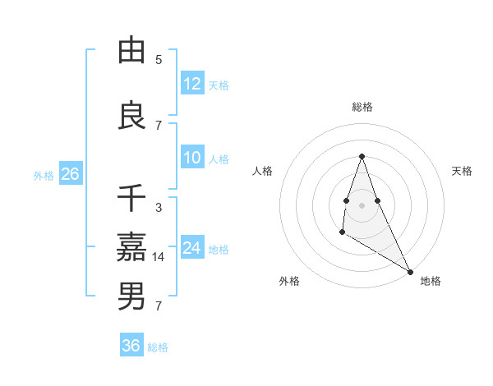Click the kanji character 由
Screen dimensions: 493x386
[131, 51]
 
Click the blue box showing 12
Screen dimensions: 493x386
[192, 84]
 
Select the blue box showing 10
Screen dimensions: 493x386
[192, 159]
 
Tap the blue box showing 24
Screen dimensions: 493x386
[192, 248]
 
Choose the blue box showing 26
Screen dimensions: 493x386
[70, 174]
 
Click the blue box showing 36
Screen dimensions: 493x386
[131, 346]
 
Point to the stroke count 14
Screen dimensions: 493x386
[159, 257]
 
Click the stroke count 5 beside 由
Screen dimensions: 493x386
[159, 60]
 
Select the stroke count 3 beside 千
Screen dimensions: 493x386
[159, 208]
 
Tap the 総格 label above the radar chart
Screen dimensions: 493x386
[362, 107]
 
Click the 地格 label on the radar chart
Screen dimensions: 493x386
[431, 281]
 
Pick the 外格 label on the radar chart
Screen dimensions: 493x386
[289, 281]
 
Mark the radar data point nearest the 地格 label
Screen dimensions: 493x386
[410, 271]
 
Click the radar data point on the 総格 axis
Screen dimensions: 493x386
[362, 156]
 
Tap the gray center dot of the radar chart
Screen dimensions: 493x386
[362, 204]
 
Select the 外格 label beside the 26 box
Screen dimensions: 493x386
[43, 175]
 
